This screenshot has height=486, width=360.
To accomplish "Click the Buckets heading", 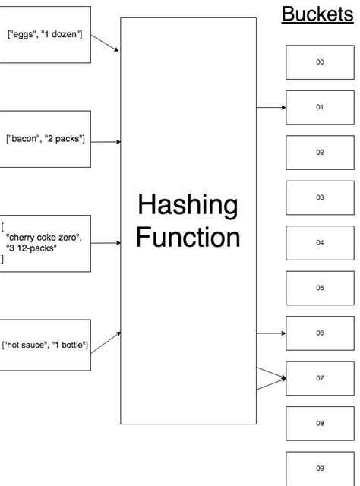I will tap(317, 14).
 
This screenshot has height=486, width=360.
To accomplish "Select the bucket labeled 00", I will tap(320, 62).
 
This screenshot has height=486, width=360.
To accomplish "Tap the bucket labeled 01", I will tap(320, 107).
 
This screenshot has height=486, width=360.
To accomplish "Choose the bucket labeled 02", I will tap(320, 153).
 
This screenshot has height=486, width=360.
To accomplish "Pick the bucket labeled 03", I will tap(320, 197).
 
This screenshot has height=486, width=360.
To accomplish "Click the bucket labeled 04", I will tap(320, 243).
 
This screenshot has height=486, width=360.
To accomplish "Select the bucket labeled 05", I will tap(320, 288).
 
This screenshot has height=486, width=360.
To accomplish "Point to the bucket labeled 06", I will tap(320, 333).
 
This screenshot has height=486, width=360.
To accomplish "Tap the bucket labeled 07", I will tap(320, 377).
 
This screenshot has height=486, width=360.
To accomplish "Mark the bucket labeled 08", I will tap(320, 423).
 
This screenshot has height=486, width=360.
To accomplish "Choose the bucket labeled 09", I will tap(320, 469).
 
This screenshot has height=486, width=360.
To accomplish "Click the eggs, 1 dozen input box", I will tap(46, 35).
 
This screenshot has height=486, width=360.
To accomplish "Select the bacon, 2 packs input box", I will tap(46, 139).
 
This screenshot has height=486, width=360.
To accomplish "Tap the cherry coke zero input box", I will tap(46, 243).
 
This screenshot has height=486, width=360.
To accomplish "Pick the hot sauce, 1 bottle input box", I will tap(46, 346).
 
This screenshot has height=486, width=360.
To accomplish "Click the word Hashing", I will tap(188, 205).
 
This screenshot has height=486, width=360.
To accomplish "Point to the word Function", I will tap(188, 238).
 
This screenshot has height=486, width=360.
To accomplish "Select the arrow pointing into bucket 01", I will tap(271, 108).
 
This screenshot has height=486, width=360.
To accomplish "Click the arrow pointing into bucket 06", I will tap(271, 333).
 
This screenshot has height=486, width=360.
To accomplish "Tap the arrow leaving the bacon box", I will tap(106, 141).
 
